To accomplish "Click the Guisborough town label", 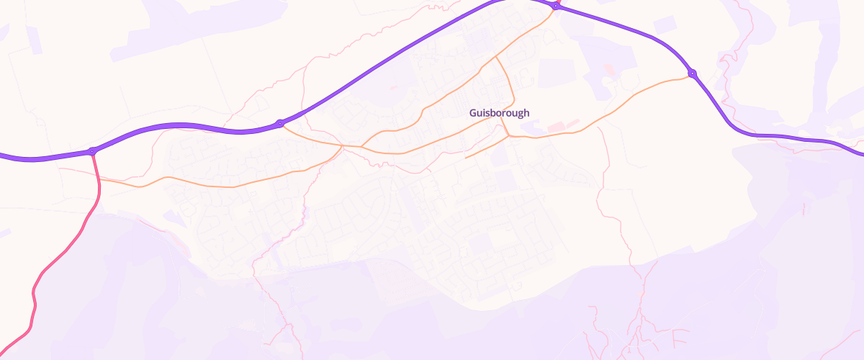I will (x=499, y=113).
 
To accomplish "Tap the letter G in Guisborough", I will (x=472, y=113).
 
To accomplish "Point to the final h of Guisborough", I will (x=526, y=113).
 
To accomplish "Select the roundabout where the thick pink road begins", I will (x=92, y=151).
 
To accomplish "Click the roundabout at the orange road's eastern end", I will (x=692, y=73).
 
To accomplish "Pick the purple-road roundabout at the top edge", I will (x=556, y=6).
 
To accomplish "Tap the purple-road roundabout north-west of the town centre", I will (x=279, y=124).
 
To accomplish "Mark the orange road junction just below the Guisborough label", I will (x=509, y=135).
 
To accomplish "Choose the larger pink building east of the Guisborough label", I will (x=557, y=127).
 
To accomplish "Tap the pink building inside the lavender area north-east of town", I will (x=610, y=70).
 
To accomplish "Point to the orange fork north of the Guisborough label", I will (x=496, y=57).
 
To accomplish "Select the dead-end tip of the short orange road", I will (x=466, y=157).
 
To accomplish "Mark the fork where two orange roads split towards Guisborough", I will (x=361, y=146).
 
